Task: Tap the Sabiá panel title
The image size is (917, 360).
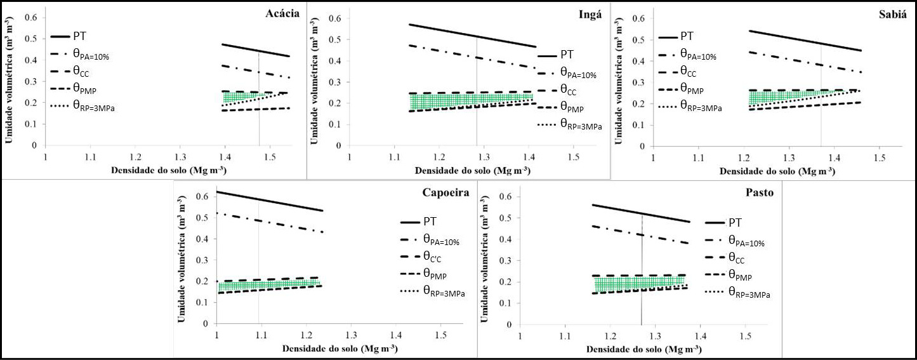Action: pos(891,13)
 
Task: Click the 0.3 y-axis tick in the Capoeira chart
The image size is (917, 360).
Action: pos(203,260)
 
